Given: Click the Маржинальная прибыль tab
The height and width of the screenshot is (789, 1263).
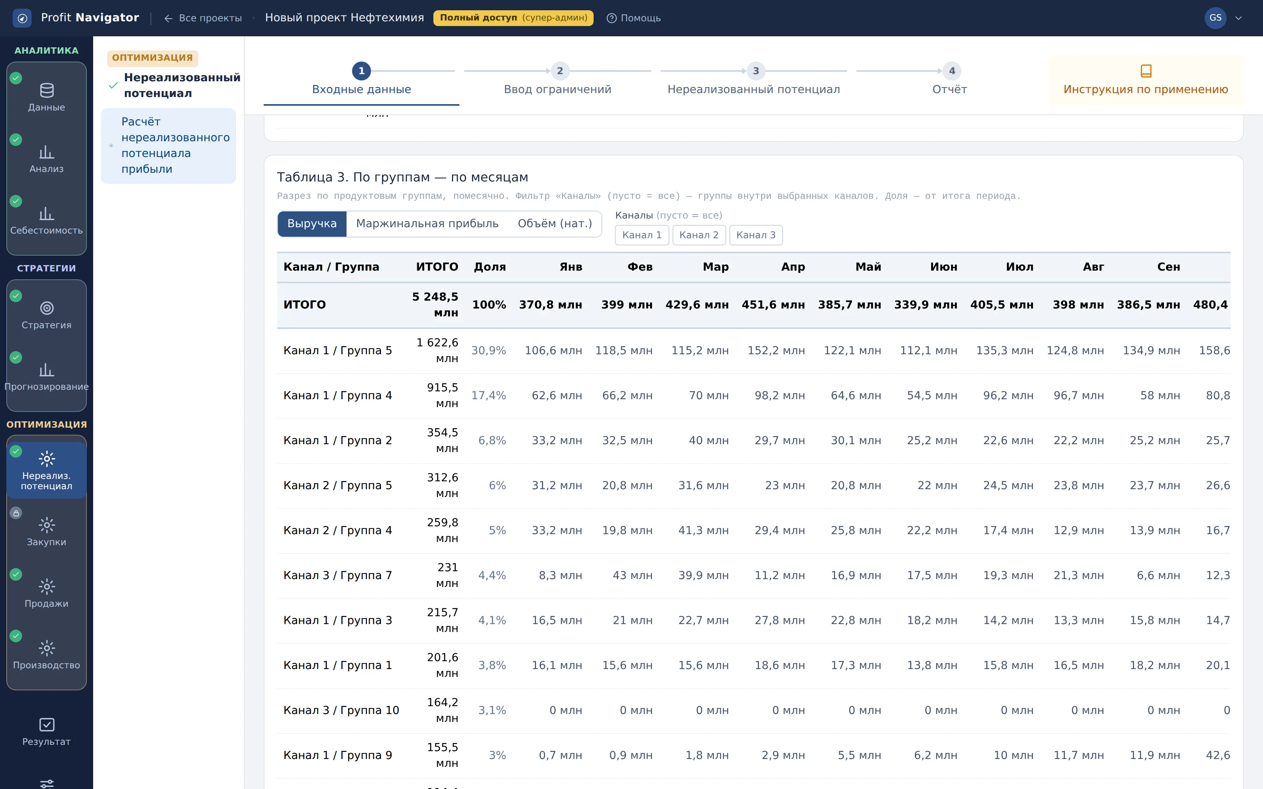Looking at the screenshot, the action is pyautogui.click(x=427, y=224).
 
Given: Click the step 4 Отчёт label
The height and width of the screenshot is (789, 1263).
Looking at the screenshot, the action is pyautogui.click(x=949, y=89).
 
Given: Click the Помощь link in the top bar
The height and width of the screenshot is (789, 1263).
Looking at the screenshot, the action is pyautogui.click(x=633, y=18).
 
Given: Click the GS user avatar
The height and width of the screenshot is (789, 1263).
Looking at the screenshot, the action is pyautogui.click(x=1215, y=18).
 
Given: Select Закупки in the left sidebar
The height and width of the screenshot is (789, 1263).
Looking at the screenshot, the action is pyautogui.click(x=47, y=532).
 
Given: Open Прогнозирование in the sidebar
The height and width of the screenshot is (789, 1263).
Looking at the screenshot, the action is pyautogui.click(x=47, y=376).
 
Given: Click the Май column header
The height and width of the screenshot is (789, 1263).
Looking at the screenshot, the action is pyautogui.click(x=868, y=267).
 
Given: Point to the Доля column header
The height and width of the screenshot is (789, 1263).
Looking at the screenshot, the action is pyautogui.click(x=489, y=267).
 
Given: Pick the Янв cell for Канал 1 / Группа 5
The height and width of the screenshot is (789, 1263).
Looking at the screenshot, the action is pyautogui.click(x=553, y=351).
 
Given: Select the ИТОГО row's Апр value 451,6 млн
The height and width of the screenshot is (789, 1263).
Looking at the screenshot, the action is pyautogui.click(x=773, y=305).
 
